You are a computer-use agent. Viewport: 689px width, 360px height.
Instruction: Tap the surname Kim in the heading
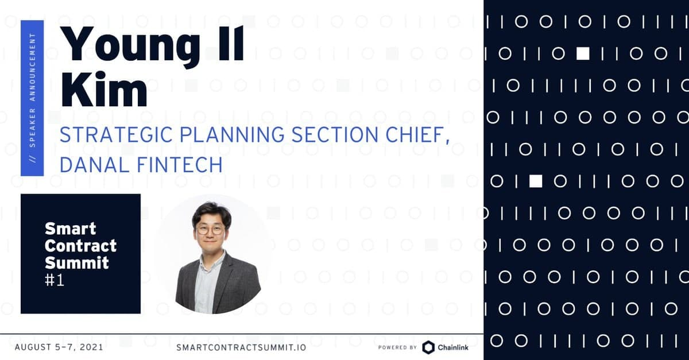104,89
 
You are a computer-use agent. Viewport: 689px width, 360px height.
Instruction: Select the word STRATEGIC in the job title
116,135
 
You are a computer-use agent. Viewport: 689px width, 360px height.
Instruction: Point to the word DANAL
94,165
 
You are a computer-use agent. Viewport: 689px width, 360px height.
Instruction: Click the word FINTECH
180,165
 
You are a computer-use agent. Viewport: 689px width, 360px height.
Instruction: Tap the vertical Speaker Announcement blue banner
32,98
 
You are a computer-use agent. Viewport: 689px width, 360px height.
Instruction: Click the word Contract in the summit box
80,246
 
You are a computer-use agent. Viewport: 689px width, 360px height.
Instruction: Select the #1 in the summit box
55,280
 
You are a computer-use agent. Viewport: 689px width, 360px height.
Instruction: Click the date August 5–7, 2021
59,347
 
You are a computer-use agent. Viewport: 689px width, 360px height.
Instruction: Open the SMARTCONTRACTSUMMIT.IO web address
242,348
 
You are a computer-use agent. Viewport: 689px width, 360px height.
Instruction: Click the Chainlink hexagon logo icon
428,348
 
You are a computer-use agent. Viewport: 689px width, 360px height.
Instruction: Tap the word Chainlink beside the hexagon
453,348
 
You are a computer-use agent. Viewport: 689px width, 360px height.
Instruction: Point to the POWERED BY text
397,348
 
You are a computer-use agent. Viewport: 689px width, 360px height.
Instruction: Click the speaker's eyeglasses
210,230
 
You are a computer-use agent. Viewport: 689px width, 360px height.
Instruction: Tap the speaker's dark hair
212,212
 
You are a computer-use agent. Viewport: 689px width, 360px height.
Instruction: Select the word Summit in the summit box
77,263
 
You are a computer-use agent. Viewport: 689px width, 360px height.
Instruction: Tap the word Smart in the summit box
71,229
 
